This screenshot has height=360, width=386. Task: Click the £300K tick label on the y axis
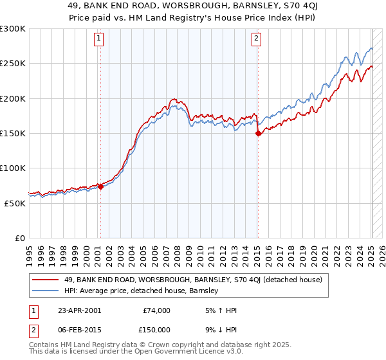(x=13, y=29)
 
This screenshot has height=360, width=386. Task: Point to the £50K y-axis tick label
(x=15, y=203)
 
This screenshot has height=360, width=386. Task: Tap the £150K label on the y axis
(x=13, y=134)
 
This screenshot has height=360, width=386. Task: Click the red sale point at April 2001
(x=100, y=187)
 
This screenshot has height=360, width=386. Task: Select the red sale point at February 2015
(x=258, y=134)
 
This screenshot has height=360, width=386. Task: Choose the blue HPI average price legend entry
(x=142, y=291)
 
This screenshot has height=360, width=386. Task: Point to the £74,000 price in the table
(x=157, y=310)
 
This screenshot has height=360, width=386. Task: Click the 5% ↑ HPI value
(x=221, y=310)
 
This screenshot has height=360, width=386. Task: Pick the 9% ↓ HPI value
(x=221, y=330)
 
